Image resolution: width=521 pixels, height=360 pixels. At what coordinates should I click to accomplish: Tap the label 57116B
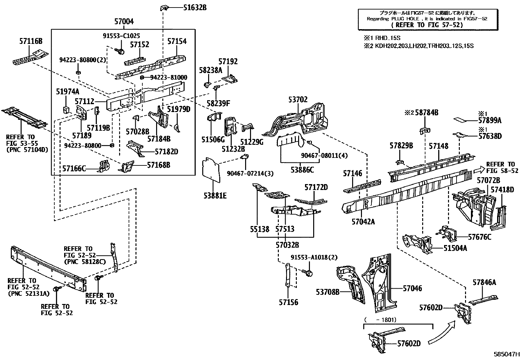pyautogui.click(x=31, y=41)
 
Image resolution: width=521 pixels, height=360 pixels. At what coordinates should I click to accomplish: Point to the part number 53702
pyautogui.click(x=298, y=100)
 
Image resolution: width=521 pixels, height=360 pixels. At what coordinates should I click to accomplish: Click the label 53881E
pyautogui.click(x=215, y=196)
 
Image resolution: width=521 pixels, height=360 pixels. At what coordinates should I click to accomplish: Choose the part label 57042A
pyautogui.click(x=363, y=222)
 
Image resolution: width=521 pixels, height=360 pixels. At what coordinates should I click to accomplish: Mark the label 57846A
pyautogui.click(x=484, y=282)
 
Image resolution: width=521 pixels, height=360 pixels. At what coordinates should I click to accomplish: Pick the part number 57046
pyautogui.click(x=412, y=288)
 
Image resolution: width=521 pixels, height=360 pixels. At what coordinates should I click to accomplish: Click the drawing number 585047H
pyautogui.click(x=507, y=354)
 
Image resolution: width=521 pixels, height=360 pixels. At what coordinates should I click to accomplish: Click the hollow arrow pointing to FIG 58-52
pyautogui.click(x=479, y=169)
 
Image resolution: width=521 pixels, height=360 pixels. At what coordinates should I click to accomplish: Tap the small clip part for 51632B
pyautogui.click(x=164, y=7)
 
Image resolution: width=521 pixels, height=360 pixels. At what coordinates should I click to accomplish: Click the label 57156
pyautogui.click(x=288, y=302)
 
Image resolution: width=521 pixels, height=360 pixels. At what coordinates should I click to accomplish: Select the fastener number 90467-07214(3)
pyautogui.click(x=250, y=173)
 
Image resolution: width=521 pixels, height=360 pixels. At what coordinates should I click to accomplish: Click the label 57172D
pyautogui.click(x=316, y=187)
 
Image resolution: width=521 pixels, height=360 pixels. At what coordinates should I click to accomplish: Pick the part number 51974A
pyautogui.click(x=67, y=92)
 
